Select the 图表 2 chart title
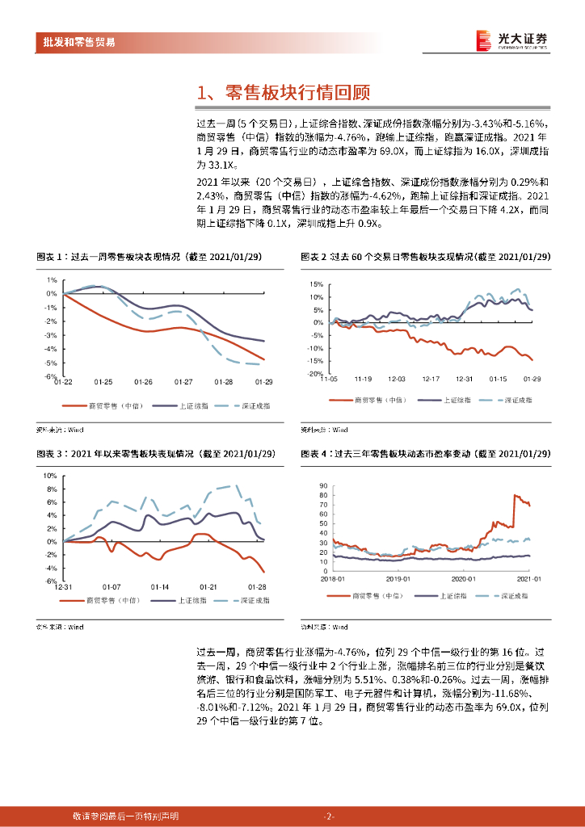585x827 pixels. [426, 256]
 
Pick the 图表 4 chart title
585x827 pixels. [426, 454]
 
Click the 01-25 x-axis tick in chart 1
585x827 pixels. [103, 382]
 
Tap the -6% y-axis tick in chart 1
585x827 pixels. [50, 376]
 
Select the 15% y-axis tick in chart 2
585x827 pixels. [316, 284]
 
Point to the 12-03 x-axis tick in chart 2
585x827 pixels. [396, 379]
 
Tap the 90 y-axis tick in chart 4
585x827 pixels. [323, 485]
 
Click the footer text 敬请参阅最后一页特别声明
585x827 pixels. [125, 816]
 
